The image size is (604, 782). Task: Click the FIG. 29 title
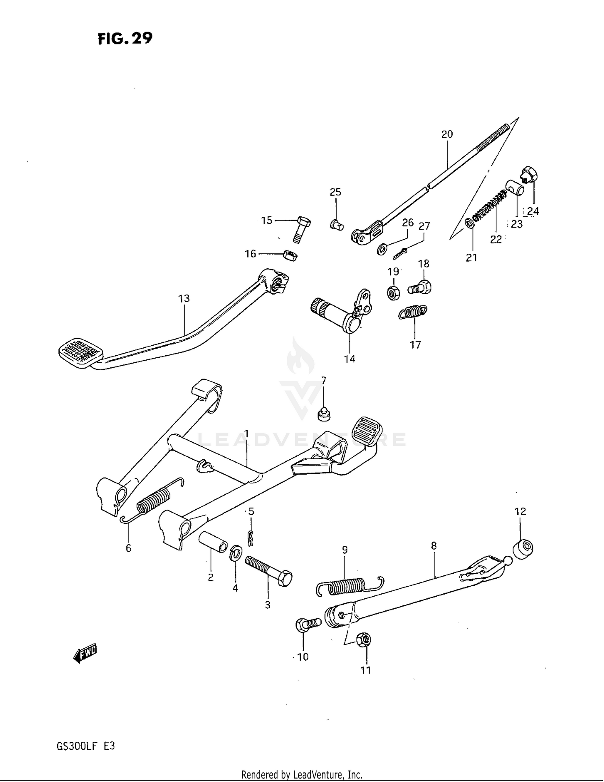(x=125, y=39)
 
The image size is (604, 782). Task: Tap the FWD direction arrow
(x=85, y=653)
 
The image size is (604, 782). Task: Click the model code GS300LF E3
(x=86, y=746)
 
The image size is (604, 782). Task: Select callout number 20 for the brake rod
(x=447, y=134)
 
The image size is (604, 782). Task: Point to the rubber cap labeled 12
(x=523, y=548)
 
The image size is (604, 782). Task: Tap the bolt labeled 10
(x=308, y=624)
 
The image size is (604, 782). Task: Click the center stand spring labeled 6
(x=152, y=502)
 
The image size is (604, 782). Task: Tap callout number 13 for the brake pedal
(x=184, y=299)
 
